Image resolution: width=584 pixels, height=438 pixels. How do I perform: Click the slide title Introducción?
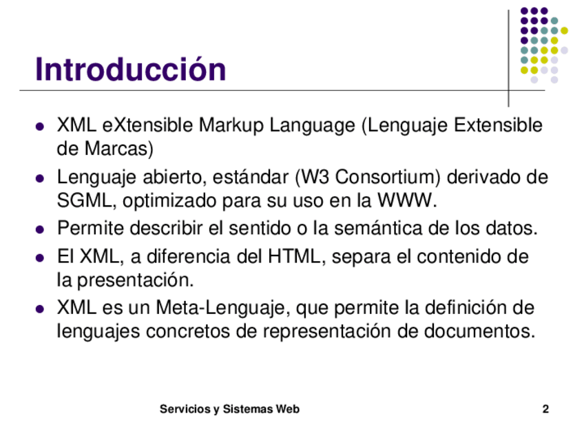130,69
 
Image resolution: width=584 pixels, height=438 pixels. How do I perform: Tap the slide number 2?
545,409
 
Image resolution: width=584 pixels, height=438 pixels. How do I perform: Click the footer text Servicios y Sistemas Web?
229,409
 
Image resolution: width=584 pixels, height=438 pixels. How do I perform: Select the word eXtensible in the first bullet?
147,125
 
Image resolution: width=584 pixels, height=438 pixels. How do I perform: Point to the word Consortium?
387,177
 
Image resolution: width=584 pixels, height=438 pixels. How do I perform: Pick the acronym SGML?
84,200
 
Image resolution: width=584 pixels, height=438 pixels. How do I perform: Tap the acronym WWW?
404,200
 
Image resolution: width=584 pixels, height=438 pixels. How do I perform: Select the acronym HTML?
294,256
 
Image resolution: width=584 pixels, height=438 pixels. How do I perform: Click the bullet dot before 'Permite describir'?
39,229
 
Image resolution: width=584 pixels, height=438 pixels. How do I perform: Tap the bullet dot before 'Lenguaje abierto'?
39,178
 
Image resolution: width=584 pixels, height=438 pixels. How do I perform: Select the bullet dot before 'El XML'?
39,258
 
